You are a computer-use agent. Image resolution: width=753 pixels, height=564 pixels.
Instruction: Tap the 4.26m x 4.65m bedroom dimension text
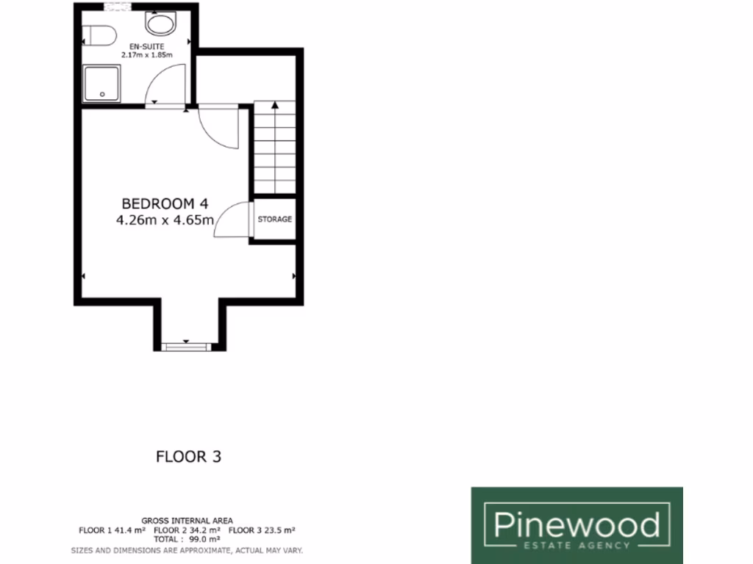coord(165,220)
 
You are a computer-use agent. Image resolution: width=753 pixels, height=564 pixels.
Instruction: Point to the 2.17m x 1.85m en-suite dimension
coord(146,55)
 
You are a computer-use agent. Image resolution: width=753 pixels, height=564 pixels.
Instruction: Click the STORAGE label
coord(274,220)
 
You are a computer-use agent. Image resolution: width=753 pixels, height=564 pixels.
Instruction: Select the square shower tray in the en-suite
coord(103,82)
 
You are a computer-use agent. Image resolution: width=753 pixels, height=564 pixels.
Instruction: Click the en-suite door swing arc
coord(163,82)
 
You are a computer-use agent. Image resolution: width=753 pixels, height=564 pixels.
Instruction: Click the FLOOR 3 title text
coord(188,456)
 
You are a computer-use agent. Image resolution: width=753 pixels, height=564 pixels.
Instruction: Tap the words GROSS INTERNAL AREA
coord(187,521)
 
